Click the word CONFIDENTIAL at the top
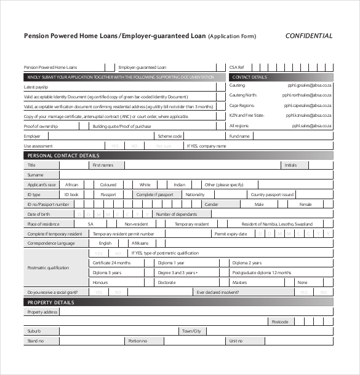(309, 36)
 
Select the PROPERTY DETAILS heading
(50, 302)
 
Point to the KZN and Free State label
(247, 115)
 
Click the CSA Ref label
(237, 66)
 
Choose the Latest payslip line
(35, 87)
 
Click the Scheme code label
(170, 136)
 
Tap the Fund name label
(239, 136)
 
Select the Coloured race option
(108, 184)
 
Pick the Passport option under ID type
(108, 194)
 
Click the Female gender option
(305, 204)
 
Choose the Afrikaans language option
(140, 243)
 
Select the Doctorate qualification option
(167, 282)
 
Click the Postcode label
(279, 322)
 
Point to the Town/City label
(191, 331)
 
